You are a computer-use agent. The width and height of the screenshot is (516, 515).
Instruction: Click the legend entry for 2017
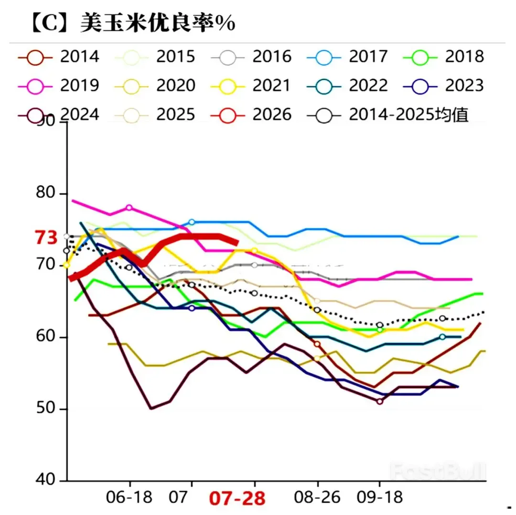(347, 56)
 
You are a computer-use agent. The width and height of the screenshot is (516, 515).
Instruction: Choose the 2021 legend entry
(250, 85)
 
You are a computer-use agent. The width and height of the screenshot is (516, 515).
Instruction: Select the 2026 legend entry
(250, 115)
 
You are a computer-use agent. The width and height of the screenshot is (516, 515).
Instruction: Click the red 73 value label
(46, 237)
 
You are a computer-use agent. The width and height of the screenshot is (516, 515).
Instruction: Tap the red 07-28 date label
(236, 498)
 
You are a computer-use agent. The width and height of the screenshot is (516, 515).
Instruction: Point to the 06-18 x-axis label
(129, 497)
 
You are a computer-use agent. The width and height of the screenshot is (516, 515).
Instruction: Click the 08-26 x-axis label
(317, 497)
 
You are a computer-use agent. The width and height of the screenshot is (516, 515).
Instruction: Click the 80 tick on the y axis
(46, 194)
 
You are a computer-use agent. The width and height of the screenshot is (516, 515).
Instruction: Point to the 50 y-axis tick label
(46, 409)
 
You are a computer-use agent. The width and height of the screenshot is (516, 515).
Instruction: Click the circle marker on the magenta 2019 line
(129, 208)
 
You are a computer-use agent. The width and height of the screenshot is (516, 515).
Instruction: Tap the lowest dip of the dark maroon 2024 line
(151, 408)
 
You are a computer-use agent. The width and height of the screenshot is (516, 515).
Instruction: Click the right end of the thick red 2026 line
(236, 242)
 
